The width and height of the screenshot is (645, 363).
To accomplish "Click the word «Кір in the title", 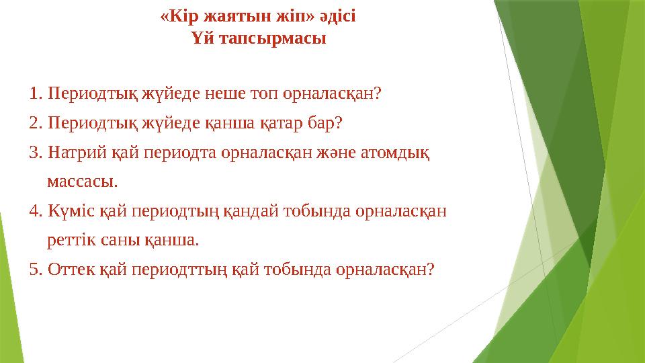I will click(177, 15).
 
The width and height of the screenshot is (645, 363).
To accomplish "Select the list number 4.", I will click(36, 211).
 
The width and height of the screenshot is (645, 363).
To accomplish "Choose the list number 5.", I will click(36, 270).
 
